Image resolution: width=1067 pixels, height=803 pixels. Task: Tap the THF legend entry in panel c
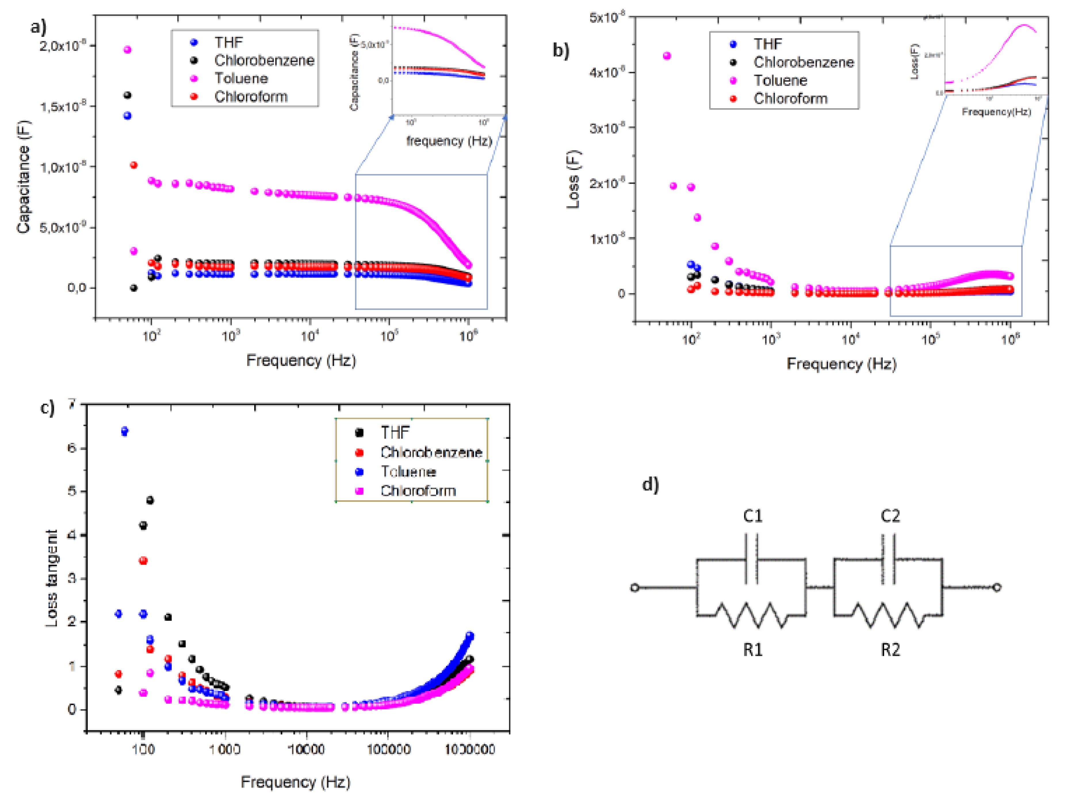pyautogui.click(x=395, y=432)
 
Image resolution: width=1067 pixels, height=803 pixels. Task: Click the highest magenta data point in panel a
pyautogui.click(x=127, y=50)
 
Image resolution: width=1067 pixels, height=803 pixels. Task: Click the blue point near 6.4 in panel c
pyautogui.click(x=125, y=431)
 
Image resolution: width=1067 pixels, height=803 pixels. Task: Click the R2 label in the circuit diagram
pyautogui.click(x=890, y=650)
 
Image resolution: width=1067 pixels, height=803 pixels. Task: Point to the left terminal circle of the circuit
pyautogui.click(x=635, y=588)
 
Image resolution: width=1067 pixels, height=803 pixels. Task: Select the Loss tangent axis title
pyautogui.click(x=51, y=578)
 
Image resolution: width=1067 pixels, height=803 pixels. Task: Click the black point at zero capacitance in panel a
pyautogui.click(x=134, y=288)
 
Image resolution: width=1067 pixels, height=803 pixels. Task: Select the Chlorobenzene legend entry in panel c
pyautogui.click(x=431, y=452)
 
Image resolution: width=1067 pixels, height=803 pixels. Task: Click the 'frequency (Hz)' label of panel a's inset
pyautogui.click(x=449, y=141)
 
